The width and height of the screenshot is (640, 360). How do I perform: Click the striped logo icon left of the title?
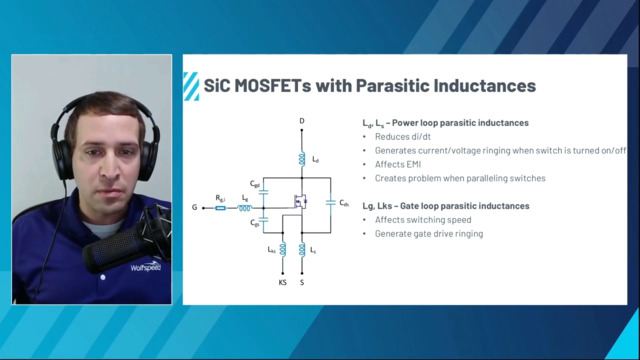(x=189, y=86)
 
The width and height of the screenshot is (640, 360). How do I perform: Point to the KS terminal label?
(x=283, y=283)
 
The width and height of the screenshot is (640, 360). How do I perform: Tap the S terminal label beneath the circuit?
(x=301, y=283)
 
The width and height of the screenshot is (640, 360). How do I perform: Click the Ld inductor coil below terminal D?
(x=301, y=159)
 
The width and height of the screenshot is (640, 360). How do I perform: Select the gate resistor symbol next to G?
(x=220, y=209)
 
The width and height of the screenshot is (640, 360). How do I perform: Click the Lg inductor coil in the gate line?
(x=244, y=209)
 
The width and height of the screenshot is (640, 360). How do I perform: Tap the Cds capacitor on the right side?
(x=330, y=203)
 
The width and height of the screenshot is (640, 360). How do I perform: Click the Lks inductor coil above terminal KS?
(x=283, y=249)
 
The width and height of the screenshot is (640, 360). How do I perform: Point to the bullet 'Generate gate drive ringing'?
(x=428, y=233)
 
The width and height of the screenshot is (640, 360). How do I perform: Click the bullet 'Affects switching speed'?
(x=421, y=219)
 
